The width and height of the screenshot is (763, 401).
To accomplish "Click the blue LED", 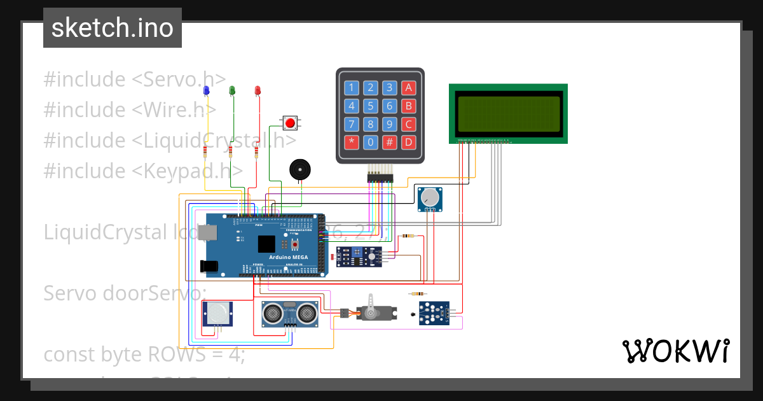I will pos(206,91).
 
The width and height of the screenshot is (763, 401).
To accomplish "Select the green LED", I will pos(232,91).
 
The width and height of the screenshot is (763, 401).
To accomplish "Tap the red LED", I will pos(258,91).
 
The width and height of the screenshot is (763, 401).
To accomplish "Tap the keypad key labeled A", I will pos(409,88).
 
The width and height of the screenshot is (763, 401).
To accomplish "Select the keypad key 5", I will pos(371,106).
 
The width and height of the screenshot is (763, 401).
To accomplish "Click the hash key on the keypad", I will pos(390,142).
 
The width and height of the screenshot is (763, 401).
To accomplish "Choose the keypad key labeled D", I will pos(409,142).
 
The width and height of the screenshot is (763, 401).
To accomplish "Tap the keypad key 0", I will pos(371,142).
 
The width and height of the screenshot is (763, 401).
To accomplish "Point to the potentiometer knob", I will pos(432,197).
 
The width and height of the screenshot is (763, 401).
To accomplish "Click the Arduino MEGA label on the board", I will pos(287,257).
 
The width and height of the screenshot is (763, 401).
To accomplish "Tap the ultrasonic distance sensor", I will pos(291,313).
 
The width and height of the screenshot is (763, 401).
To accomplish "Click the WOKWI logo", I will pos(675,351).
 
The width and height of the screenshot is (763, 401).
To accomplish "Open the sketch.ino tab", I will pos(113,28).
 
